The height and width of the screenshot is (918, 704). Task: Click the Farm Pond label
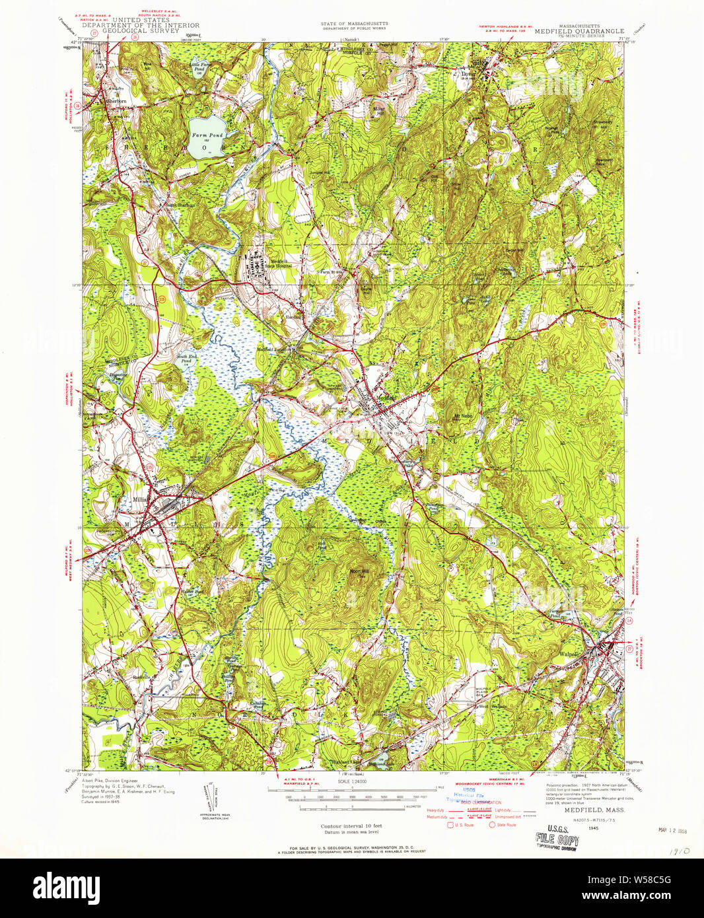207,135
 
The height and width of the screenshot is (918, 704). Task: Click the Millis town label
140,499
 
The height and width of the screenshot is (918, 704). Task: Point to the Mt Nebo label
464,415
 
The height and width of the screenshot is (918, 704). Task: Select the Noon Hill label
358,570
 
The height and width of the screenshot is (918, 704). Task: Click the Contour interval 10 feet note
351,826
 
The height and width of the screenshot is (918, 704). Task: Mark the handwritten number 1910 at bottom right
675,853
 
